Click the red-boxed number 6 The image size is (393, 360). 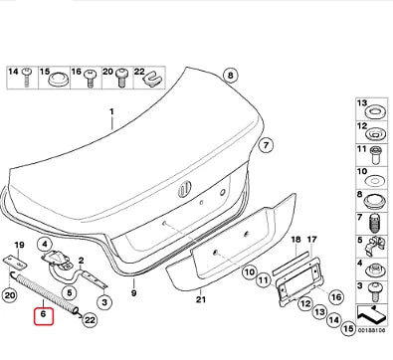click(42, 316)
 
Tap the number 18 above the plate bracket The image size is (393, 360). click(295, 240)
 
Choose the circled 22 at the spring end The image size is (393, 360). click(89, 319)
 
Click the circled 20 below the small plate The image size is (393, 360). click(13, 296)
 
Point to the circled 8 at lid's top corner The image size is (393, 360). click(230, 75)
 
